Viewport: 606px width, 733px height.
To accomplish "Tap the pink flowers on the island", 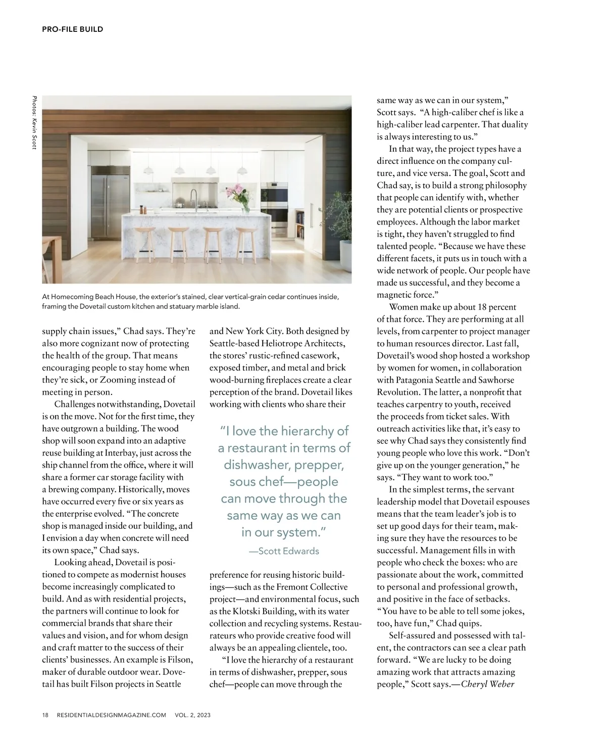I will pyautogui.click(x=235, y=193).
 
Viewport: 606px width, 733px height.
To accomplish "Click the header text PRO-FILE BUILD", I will pyautogui.click(x=73, y=29).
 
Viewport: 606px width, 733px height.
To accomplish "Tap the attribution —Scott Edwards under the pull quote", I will pyautogui.click(x=284, y=551).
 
